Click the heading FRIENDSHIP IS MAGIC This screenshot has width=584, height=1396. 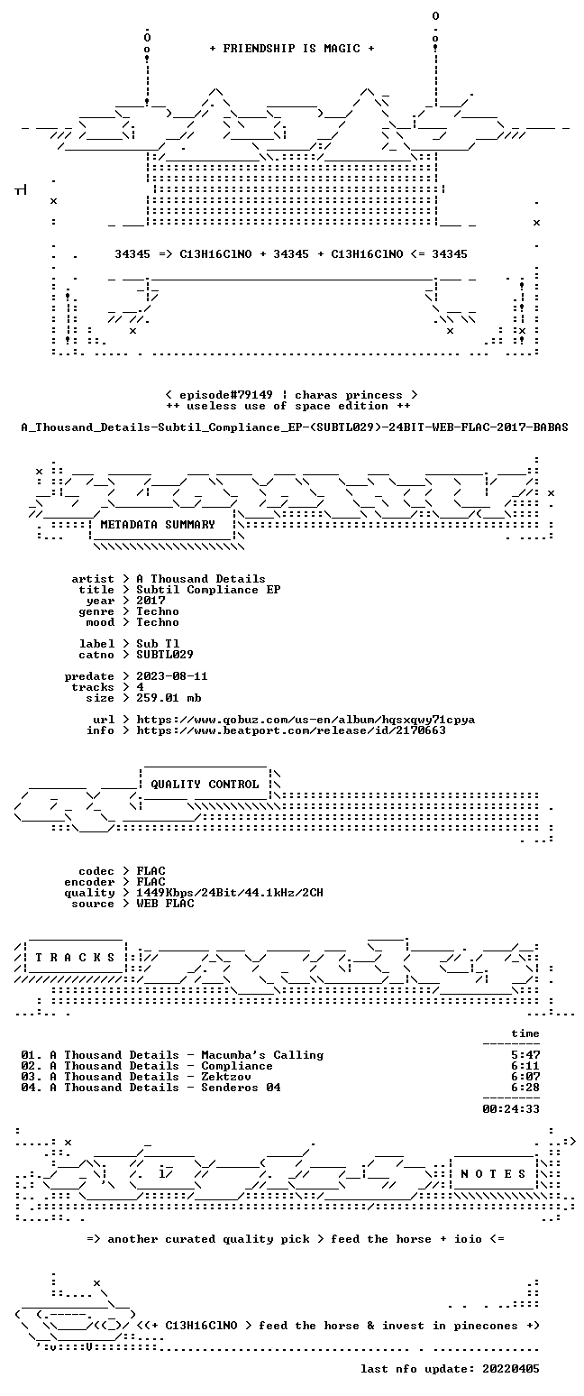pyautogui.click(x=292, y=49)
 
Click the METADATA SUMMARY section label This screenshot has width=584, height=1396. pyautogui.click(x=158, y=525)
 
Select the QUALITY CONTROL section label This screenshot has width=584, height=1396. pyautogui.click(x=205, y=785)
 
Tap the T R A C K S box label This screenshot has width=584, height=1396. pyautogui.click(x=76, y=957)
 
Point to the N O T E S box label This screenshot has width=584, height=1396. pyautogui.click(x=493, y=1173)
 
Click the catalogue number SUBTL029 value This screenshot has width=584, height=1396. pyautogui.click(x=165, y=655)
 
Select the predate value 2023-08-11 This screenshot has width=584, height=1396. pyautogui.click(x=172, y=676)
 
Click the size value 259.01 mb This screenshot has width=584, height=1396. pyautogui.click(x=169, y=698)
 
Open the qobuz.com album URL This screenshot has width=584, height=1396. pyautogui.click(x=306, y=720)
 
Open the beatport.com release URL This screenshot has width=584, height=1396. pyautogui.click(x=291, y=730)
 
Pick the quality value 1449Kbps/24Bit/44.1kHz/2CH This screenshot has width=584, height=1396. pyautogui.click(x=230, y=893)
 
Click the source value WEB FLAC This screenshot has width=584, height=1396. pyautogui.click(x=165, y=904)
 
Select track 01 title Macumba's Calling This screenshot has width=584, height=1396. pyautogui.click(x=262, y=1055)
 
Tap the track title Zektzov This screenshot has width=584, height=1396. pyautogui.click(x=226, y=1077)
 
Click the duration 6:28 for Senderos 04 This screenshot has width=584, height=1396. pyautogui.click(x=525, y=1088)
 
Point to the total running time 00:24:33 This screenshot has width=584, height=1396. pyautogui.click(x=511, y=1109)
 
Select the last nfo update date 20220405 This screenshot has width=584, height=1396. pyautogui.click(x=511, y=1369)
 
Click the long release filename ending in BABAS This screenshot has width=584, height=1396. pyautogui.click(x=295, y=427)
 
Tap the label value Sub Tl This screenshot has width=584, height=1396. pyautogui.click(x=158, y=644)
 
